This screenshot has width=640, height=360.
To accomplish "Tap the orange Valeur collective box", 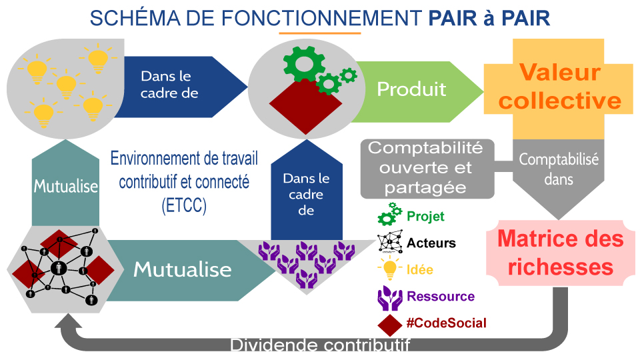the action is click(x=559, y=89).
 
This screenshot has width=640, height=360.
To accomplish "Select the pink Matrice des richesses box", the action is click(x=561, y=253).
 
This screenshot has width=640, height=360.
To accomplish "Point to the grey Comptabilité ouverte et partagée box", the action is click(x=427, y=169).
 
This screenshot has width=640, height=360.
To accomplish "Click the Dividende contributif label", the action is click(x=320, y=345).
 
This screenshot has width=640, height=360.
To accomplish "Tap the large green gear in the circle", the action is click(x=305, y=64).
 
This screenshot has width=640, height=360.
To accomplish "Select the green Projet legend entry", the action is click(x=411, y=215).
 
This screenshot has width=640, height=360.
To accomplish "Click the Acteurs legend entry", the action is click(x=416, y=243).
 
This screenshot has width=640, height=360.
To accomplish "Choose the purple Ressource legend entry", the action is click(x=426, y=297).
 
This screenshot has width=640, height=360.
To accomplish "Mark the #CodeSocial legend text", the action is click(x=447, y=323).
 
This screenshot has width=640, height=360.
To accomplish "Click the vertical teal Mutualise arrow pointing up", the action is click(x=66, y=183).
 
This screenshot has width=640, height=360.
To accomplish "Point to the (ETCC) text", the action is click(x=184, y=205).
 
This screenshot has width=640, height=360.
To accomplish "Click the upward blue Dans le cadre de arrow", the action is click(x=307, y=190).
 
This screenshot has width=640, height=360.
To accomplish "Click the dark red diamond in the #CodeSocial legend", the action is click(x=390, y=325).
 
